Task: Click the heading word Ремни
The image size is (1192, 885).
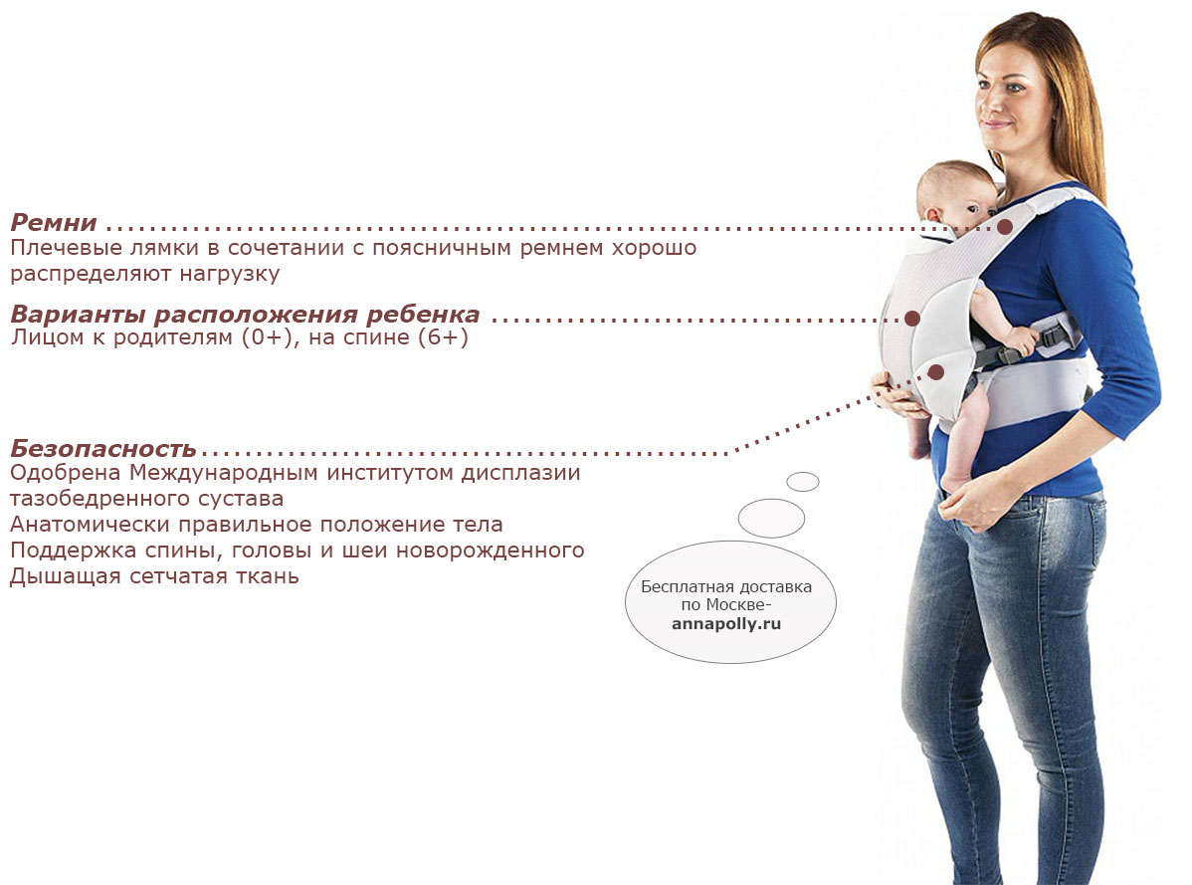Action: [x=53, y=223]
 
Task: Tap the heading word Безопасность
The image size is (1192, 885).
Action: [x=103, y=449]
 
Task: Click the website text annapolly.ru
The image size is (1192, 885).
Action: [x=726, y=624]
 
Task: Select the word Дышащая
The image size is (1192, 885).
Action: [x=66, y=576]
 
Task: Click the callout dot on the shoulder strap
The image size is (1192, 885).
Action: [x=1005, y=227]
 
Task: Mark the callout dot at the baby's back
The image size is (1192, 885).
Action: [x=911, y=319]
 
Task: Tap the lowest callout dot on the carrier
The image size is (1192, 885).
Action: [x=936, y=372]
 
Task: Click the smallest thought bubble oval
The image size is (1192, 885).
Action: [x=803, y=481]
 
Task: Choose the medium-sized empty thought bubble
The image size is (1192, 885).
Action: [x=771, y=518]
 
